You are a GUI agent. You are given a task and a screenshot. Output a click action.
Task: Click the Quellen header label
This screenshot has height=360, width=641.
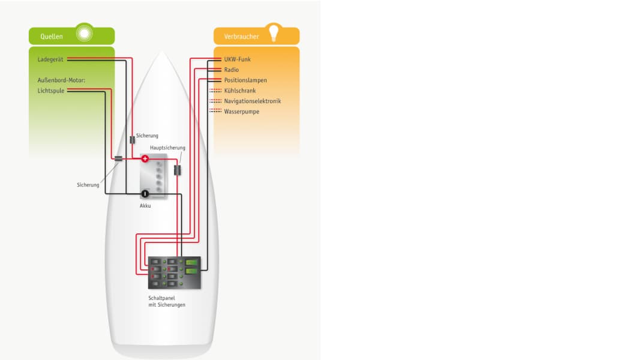point(52,37)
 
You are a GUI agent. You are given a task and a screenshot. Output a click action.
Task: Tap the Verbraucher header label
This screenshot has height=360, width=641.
point(241,37)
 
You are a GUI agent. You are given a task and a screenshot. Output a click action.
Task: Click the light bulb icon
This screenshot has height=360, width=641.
point(274,32)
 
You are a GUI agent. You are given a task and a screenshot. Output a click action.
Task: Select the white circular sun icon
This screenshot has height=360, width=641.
point(85,33)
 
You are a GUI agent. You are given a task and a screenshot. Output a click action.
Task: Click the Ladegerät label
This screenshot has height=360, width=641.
point(50,59)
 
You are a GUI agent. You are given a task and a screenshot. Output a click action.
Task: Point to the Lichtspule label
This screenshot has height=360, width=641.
point(50,91)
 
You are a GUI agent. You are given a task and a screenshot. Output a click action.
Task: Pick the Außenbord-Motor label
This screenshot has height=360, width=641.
point(61,80)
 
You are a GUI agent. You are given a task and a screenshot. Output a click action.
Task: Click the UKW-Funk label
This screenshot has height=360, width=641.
point(237,59)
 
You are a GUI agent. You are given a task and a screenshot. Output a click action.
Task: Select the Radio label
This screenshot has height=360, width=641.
point(231,70)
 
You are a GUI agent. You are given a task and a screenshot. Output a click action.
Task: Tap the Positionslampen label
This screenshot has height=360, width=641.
point(245,80)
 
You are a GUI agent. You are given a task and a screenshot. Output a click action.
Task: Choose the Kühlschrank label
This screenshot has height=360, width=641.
point(239,91)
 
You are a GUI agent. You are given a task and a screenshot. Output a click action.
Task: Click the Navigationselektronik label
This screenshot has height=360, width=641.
point(252,101)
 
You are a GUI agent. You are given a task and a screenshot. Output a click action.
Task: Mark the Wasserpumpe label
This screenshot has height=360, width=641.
point(241,112)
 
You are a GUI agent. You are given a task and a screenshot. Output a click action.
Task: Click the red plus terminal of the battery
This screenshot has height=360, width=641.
point(145,158)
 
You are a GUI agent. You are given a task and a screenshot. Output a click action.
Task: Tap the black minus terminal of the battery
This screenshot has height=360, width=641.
point(145,194)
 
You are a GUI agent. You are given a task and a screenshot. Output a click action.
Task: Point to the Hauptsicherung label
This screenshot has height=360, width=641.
point(167,148)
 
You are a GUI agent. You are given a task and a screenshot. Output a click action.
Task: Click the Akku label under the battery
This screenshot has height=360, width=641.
point(145,206)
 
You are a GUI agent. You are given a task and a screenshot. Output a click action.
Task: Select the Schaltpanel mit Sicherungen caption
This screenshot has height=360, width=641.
point(166,302)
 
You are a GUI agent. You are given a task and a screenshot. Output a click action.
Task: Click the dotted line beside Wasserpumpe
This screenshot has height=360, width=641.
point(215,110)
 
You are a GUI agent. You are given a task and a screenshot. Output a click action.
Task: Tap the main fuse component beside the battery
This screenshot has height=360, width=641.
point(178,170)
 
